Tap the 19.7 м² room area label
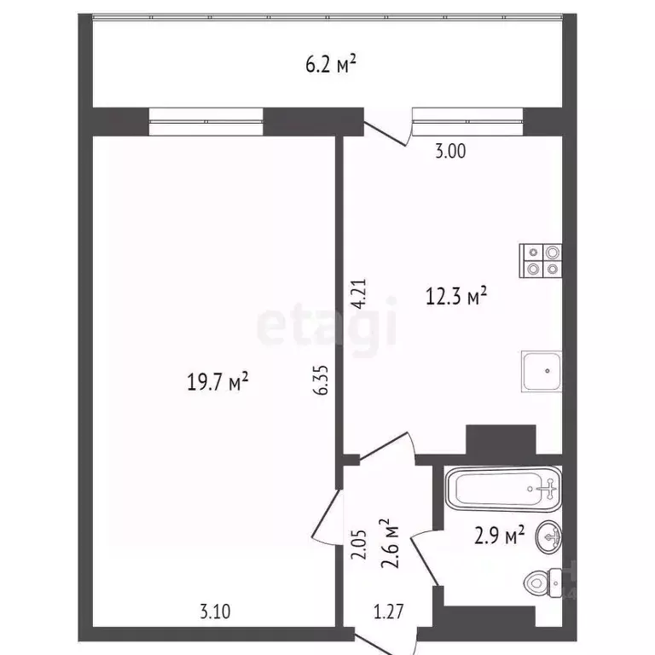tap(217, 381)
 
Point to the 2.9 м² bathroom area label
tap(499, 536)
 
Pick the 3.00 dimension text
tap(450, 152)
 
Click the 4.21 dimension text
tap(358, 293)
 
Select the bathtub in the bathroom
tap(503, 490)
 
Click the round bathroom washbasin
tap(548, 537)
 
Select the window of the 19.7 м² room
tap(206, 121)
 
